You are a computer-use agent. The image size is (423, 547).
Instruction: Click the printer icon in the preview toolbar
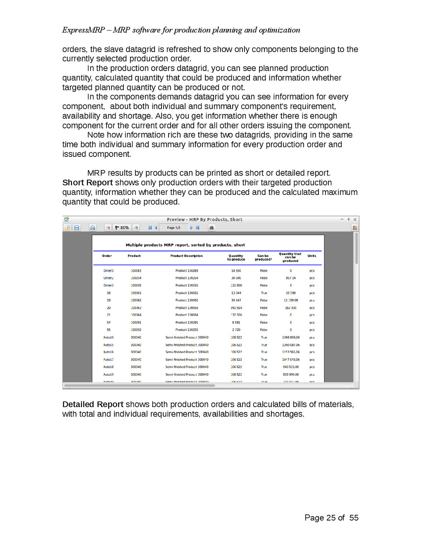tap(93, 228)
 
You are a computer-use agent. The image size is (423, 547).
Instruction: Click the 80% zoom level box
tap(122, 228)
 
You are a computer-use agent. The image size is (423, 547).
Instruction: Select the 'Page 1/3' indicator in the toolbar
tap(173, 228)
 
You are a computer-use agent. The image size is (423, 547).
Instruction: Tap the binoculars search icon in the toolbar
tap(211, 228)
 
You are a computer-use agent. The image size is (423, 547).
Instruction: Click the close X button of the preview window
tap(355, 220)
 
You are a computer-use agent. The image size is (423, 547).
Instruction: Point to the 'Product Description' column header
tap(186, 256)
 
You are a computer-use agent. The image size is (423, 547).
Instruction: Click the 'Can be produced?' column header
tap(263, 258)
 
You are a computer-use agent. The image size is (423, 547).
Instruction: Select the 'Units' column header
tap(312, 256)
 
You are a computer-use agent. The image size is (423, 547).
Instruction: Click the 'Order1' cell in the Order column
tap(109, 271)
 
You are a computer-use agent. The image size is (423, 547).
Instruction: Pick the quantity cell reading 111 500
tap(236, 286)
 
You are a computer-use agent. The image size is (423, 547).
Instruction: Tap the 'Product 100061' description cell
tap(187, 293)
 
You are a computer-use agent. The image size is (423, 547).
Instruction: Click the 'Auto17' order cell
tap(109, 360)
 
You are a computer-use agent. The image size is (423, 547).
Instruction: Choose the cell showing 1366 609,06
tap(291, 337)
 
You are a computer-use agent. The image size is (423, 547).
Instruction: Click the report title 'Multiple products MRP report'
tap(185, 245)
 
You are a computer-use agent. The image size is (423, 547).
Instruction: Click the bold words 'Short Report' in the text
tap(88, 183)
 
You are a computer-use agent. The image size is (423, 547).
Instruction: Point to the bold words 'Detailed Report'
tap(93, 405)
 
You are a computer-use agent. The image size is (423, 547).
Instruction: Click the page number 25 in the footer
tap(331, 518)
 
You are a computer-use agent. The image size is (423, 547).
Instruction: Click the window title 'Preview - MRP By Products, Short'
tap(204, 220)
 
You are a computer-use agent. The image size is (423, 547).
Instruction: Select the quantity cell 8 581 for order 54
tap(236, 322)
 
